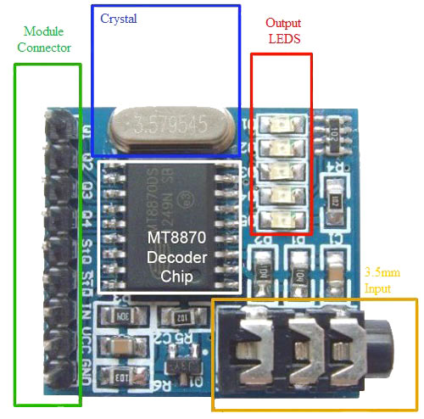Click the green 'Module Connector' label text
[44, 39]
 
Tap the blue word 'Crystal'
[118, 18]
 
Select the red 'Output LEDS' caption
[282, 31]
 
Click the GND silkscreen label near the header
[87, 370]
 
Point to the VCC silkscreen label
[87, 341]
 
